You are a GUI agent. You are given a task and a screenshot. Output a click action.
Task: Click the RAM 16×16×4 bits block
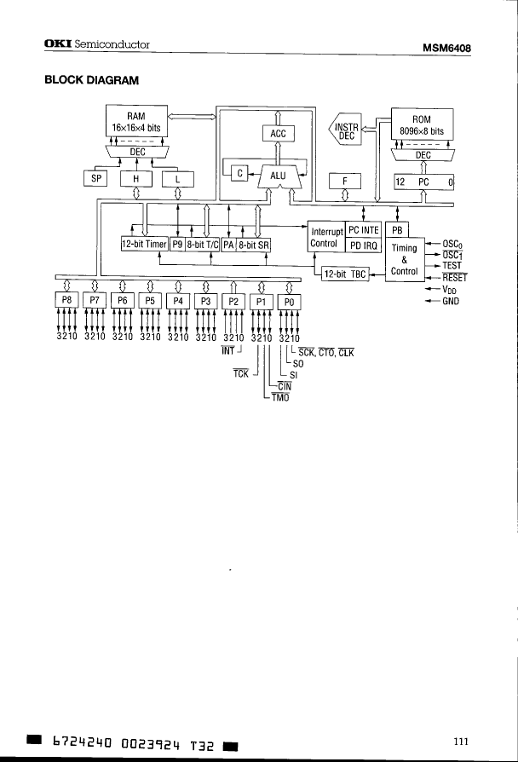coord(136,121)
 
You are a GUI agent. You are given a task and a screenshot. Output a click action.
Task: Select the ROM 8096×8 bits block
coord(422,125)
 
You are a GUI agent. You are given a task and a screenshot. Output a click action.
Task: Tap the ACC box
coord(278,133)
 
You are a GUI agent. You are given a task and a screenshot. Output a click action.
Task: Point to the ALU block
coord(278,176)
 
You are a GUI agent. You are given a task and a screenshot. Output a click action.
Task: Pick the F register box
coord(345,182)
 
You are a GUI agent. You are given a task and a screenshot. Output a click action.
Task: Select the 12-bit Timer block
coord(144,244)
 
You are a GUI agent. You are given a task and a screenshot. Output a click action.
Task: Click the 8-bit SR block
coord(253,244)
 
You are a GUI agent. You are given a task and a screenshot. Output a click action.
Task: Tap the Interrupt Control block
coord(326,238)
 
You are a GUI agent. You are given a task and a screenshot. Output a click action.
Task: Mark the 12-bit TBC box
coord(345,274)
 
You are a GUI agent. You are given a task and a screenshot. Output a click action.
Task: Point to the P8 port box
coord(67,301)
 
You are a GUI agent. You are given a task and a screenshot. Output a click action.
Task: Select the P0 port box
coord(290,301)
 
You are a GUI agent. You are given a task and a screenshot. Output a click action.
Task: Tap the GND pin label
coord(451,300)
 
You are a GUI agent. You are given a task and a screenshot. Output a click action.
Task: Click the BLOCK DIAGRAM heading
coord(91,81)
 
